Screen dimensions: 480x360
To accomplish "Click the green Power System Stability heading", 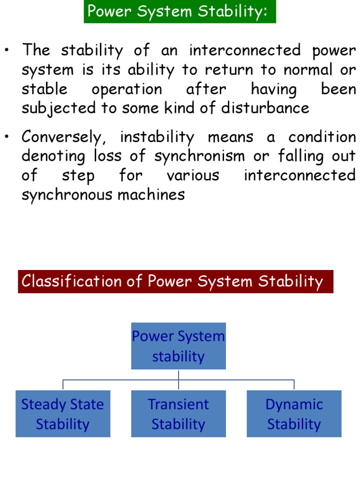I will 180,11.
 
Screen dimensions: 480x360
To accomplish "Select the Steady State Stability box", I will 63,414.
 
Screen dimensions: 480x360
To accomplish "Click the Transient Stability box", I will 178,414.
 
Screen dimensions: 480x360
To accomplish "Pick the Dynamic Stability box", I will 294,414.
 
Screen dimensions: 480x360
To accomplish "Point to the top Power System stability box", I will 178,346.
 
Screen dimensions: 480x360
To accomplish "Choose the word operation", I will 127,89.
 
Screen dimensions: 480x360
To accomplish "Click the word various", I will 193,175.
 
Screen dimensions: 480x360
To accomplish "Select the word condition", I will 322,137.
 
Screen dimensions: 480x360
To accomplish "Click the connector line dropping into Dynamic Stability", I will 294,385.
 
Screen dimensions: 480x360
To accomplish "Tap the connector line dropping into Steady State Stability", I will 63,385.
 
